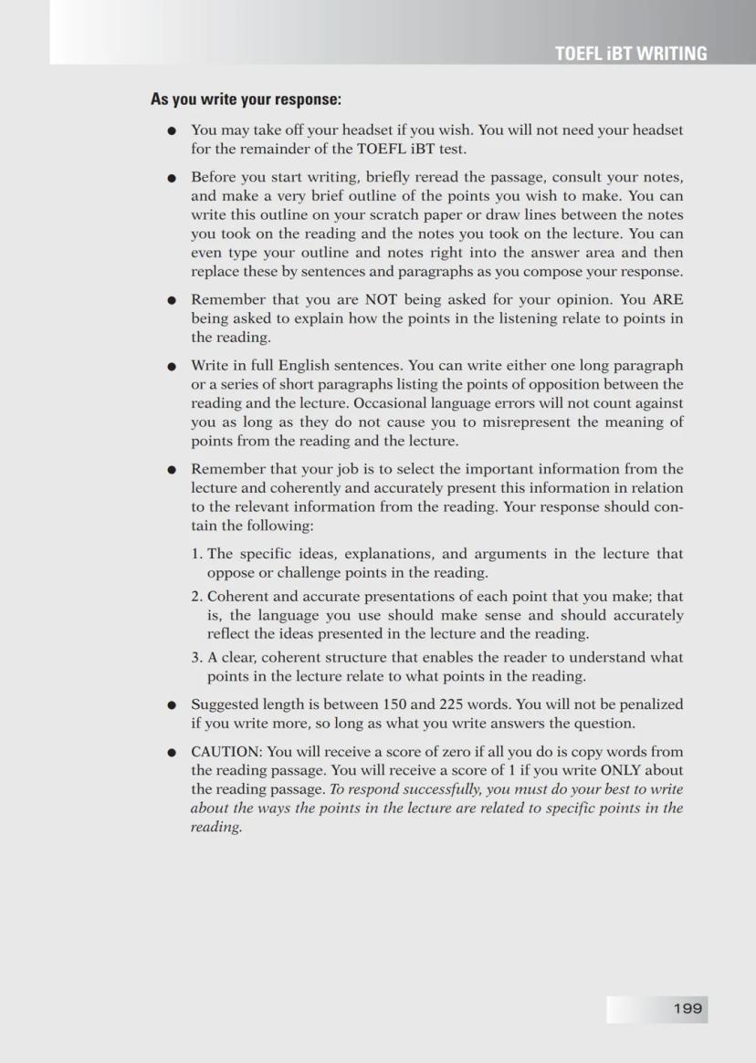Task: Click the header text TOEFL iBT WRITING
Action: pyautogui.click(x=630, y=54)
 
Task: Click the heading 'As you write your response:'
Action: pyautogui.click(x=246, y=99)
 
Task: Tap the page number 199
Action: pyautogui.click(x=688, y=1008)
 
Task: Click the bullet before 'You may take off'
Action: pyautogui.click(x=171, y=131)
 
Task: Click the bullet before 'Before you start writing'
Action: pyautogui.click(x=171, y=177)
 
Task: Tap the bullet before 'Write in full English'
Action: pyautogui.click(x=171, y=366)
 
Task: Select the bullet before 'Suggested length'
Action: pyautogui.click(x=171, y=704)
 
